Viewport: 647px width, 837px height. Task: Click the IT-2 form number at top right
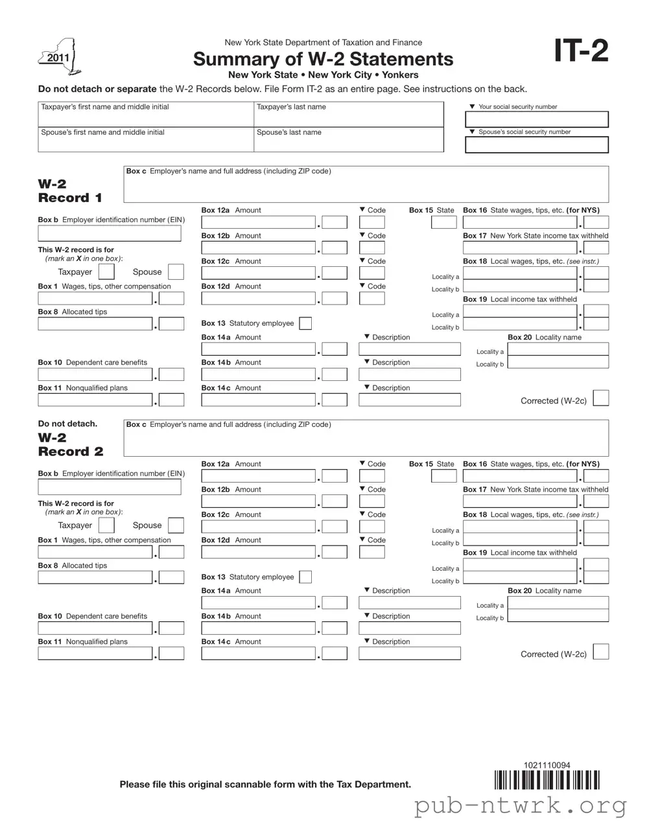click(581, 51)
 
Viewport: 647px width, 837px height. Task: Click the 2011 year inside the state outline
click(58, 58)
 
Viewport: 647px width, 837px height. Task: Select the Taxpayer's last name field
click(348, 117)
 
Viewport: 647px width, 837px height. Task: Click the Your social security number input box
click(536, 119)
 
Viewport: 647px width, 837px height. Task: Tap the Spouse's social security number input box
click(536, 144)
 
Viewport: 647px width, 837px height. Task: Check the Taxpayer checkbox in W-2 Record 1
click(106, 272)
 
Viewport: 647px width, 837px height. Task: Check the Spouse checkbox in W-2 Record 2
click(176, 525)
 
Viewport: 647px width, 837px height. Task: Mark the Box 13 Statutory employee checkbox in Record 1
click(305, 323)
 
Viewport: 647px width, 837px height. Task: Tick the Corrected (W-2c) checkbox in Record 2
click(601, 652)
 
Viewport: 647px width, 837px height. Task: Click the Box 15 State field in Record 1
click(443, 223)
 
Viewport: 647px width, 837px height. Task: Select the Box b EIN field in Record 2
click(109, 487)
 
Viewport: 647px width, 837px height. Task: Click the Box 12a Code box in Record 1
click(371, 223)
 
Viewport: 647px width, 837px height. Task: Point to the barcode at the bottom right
click(547, 780)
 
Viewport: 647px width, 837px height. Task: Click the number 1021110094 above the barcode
click(547, 765)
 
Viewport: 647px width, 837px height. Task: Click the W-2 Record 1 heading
click(70, 191)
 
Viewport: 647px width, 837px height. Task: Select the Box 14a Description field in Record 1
click(409, 349)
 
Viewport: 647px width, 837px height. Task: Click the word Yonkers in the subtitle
click(400, 75)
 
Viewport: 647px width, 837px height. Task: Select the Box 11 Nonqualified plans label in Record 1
click(82, 388)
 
